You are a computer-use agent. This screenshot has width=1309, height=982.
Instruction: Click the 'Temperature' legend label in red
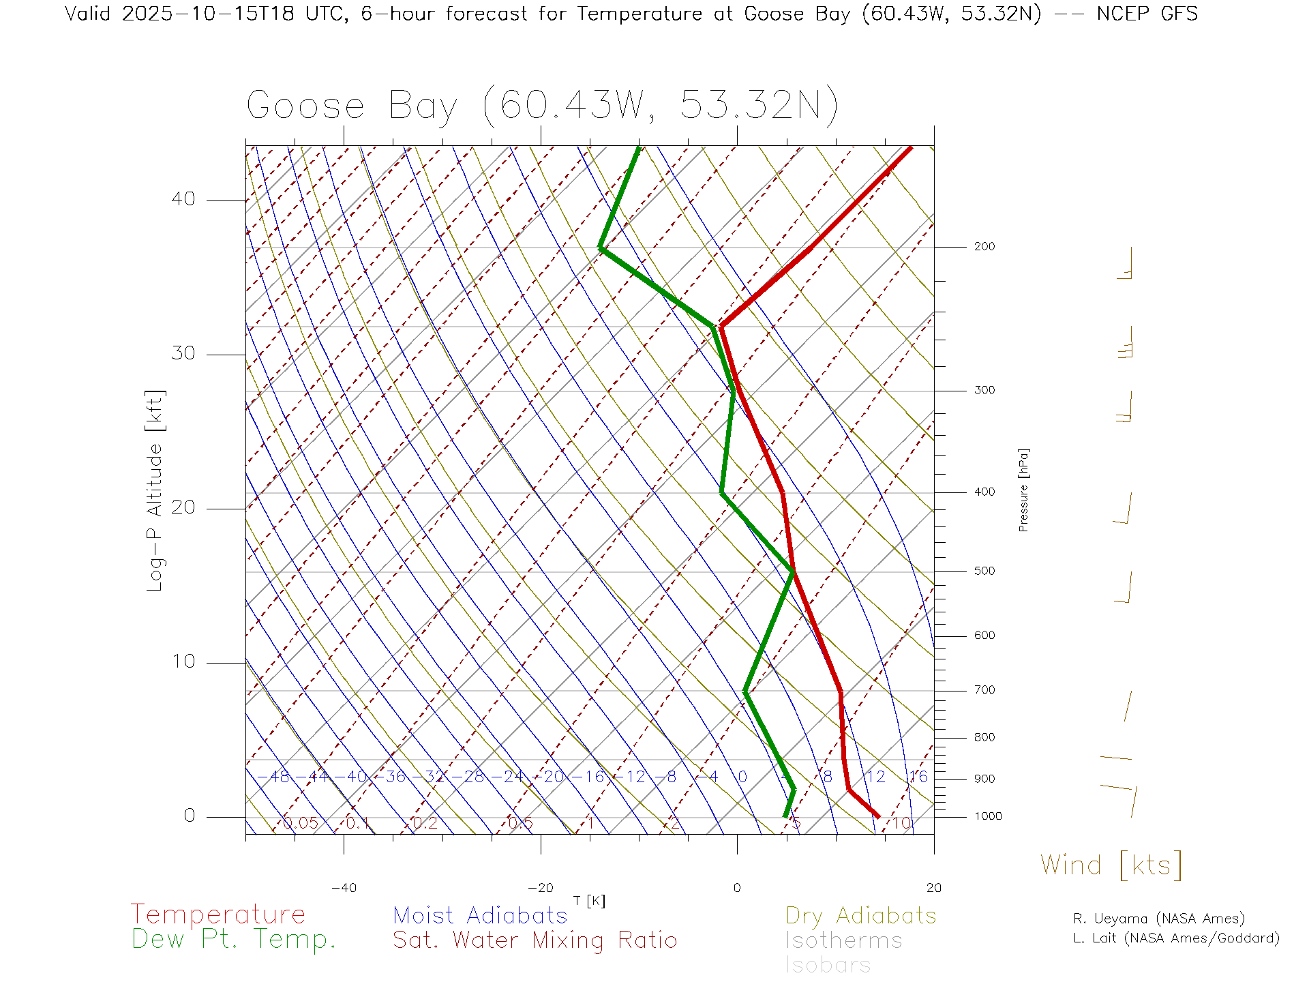click(217, 914)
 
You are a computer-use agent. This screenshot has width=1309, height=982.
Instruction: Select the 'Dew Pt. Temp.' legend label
click(234, 940)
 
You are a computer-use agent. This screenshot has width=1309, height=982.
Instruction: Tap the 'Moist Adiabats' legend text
click(480, 915)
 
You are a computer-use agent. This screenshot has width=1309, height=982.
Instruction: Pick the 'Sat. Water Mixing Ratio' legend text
click(535, 940)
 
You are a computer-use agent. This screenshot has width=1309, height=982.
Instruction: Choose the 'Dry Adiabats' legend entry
click(860, 915)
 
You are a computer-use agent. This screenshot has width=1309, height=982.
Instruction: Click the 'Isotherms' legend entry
click(843, 940)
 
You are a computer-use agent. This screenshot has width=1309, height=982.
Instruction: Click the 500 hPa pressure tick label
click(984, 571)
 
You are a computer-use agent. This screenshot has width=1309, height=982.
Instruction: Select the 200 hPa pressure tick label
click(984, 246)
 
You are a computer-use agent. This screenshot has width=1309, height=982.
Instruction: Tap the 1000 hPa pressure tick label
click(987, 816)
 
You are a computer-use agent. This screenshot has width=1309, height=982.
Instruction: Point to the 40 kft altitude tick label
click(183, 199)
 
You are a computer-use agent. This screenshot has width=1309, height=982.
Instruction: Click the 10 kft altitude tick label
click(183, 661)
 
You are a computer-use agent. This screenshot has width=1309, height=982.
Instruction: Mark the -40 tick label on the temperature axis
click(344, 888)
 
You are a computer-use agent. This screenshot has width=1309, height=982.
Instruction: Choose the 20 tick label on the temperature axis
click(933, 888)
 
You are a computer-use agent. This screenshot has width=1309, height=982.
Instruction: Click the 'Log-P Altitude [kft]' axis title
click(155, 491)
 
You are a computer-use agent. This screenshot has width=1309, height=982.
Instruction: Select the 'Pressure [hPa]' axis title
click(1023, 490)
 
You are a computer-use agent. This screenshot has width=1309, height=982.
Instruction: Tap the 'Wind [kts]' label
click(1111, 865)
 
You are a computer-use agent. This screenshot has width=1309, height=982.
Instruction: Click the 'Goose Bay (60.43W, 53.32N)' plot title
click(542, 106)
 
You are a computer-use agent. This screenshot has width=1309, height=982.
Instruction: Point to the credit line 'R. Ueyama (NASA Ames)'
click(1158, 919)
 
